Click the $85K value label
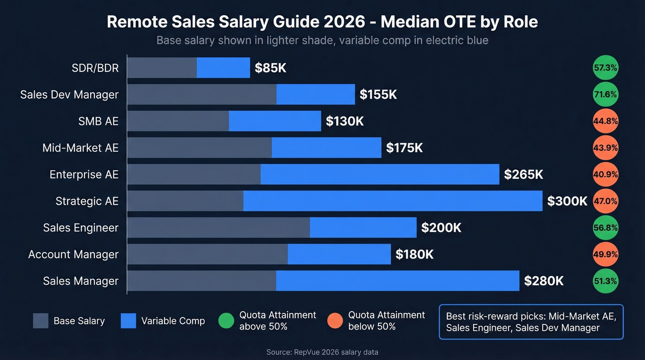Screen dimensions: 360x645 pyautogui.click(x=270, y=68)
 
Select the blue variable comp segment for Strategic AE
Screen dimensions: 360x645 pyautogui.click(x=393, y=201)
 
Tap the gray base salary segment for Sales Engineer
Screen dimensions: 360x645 pyautogui.click(x=218, y=228)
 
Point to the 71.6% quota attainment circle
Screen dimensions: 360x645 pyautogui.click(x=605, y=94)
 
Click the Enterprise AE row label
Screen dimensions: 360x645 pyautogui.click(x=84, y=175)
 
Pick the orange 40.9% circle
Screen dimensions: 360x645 pyautogui.click(x=605, y=175)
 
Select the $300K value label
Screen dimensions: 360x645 pyautogui.click(x=567, y=201)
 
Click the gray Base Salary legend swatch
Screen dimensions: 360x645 pyautogui.click(x=41, y=321)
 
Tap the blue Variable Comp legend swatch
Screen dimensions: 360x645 pyautogui.click(x=129, y=321)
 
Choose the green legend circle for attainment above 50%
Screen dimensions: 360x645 pyautogui.click(x=226, y=321)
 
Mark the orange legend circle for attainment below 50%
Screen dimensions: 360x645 pyautogui.click(x=335, y=321)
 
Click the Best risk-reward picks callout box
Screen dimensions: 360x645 pyautogui.click(x=531, y=322)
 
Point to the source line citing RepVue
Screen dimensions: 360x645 pyautogui.click(x=322, y=352)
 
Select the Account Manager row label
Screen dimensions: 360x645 pyautogui.click(x=73, y=254)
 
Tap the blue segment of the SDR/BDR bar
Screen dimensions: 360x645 pyautogui.click(x=223, y=68)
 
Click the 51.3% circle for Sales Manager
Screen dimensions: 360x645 pyautogui.click(x=605, y=281)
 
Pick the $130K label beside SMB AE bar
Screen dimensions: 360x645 pyautogui.click(x=345, y=121)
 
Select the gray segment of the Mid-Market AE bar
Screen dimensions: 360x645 pyautogui.click(x=199, y=148)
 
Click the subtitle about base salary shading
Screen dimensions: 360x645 pyautogui.click(x=322, y=40)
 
